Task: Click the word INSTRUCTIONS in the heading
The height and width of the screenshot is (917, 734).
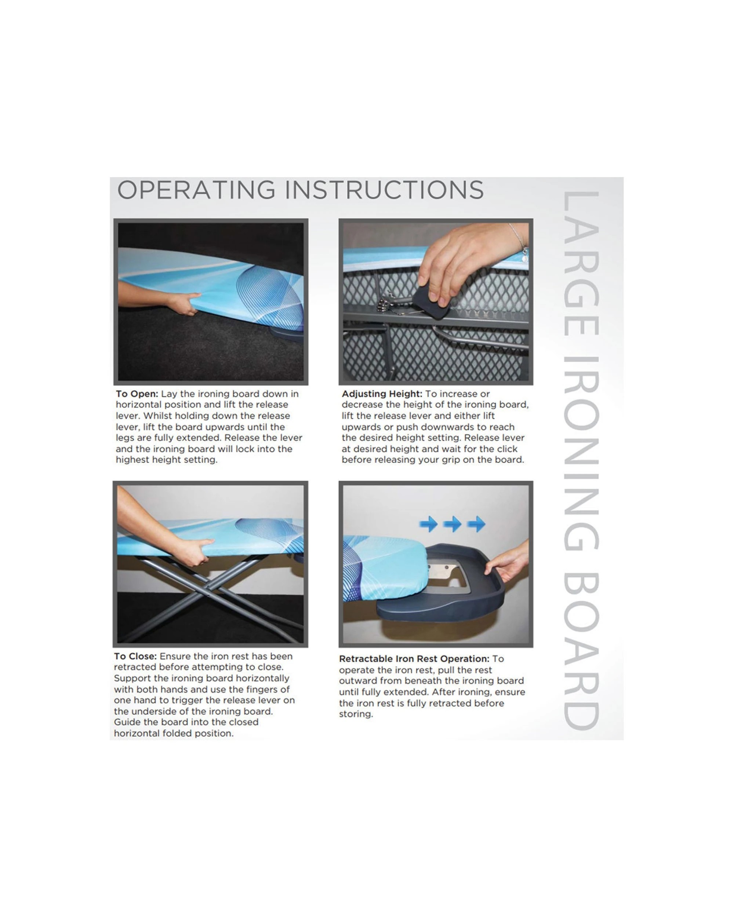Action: [385, 190]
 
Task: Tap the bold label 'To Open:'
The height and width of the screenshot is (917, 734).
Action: [137, 394]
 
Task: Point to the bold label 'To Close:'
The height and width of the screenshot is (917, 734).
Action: [135, 656]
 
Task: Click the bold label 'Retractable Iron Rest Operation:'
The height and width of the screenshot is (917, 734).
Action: [414, 659]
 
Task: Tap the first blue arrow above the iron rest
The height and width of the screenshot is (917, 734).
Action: [429, 524]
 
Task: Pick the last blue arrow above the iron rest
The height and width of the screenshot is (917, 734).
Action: [477, 524]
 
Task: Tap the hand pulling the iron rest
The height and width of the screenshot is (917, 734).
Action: [508, 562]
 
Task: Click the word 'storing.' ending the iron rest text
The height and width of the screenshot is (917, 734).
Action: [356, 714]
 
